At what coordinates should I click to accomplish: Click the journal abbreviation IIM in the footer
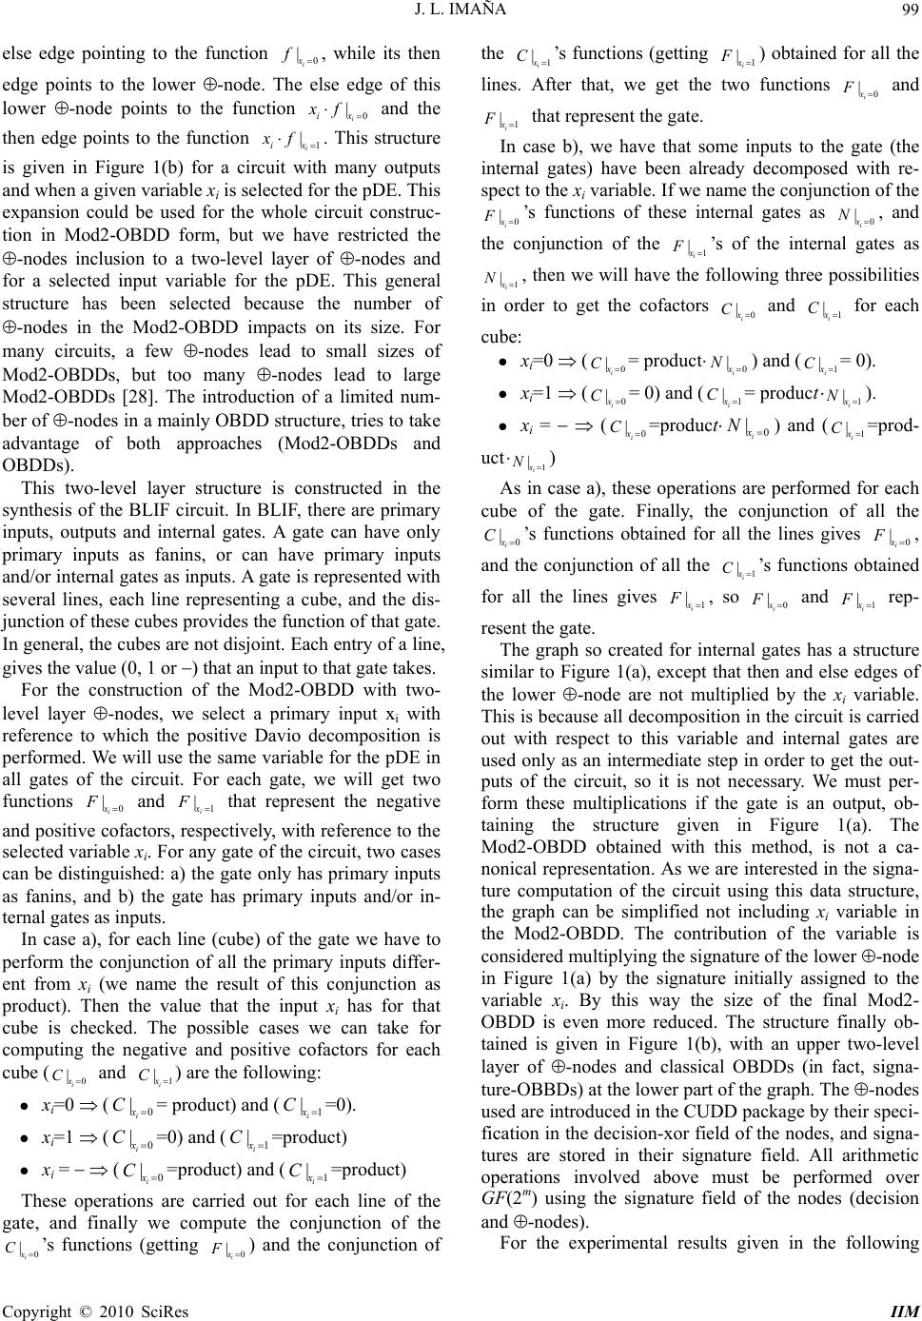tap(906, 1311)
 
